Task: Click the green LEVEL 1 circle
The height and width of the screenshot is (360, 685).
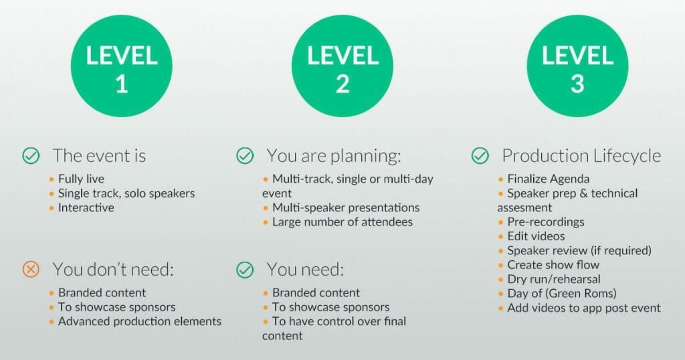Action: point(122,66)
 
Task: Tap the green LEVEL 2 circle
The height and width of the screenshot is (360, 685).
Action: point(342,66)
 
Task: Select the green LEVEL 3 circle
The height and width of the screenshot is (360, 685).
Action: point(577,66)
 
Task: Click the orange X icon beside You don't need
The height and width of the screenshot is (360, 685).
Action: point(31,270)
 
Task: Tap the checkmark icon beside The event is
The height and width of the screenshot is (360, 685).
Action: point(31,155)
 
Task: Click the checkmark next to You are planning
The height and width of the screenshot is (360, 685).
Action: point(245,155)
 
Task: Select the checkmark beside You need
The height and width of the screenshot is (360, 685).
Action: point(245,270)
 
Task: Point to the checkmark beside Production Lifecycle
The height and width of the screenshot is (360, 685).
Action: point(480,155)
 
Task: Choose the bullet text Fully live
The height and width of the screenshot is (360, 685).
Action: point(81,179)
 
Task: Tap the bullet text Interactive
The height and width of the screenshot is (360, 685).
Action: point(86,207)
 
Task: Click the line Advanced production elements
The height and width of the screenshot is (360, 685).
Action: point(140,322)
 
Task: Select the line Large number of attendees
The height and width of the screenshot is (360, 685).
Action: point(342,222)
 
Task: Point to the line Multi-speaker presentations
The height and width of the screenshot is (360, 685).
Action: point(346,207)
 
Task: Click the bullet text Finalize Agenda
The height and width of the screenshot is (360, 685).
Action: point(549,179)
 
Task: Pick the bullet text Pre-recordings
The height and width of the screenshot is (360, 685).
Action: point(546,222)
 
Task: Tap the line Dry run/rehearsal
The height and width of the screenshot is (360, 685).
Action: point(554,279)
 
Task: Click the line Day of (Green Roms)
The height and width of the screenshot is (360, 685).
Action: point(562,294)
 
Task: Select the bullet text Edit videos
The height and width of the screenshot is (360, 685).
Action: point(536,236)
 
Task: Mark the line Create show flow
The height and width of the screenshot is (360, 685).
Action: point(553,265)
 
